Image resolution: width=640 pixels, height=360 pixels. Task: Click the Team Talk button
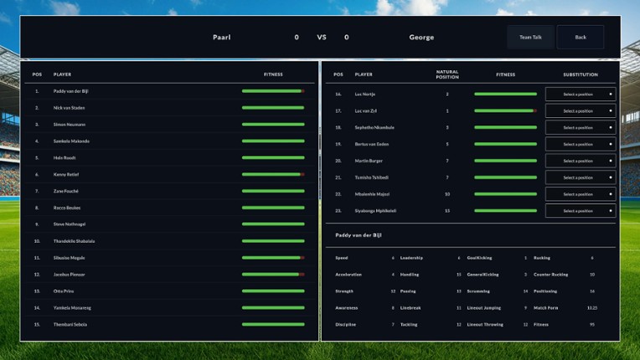point(530,37)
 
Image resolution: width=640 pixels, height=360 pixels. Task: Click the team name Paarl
point(221,37)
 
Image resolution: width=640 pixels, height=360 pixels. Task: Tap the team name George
point(421,37)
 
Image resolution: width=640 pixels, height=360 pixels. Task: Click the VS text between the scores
point(321,37)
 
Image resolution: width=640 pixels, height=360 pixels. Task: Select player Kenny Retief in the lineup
point(66,174)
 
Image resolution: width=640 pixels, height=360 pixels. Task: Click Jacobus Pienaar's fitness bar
point(273,275)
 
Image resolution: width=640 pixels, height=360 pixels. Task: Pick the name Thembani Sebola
point(70,324)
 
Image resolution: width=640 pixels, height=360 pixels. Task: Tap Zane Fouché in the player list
point(66,191)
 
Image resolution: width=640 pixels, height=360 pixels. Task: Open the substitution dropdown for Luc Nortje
point(580,94)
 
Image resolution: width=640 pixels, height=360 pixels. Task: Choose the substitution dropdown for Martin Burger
point(580,161)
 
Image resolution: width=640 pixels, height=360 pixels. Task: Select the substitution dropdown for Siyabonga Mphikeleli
point(580,211)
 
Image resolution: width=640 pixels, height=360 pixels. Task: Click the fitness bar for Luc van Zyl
point(505,111)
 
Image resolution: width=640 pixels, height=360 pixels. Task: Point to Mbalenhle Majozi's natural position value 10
point(447,194)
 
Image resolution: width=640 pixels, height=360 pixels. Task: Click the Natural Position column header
point(447,74)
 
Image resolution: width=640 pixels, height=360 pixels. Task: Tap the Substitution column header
point(580,75)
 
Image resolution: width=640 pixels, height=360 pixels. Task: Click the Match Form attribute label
point(545,307)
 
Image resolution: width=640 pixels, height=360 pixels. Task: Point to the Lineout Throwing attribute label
point(485,324)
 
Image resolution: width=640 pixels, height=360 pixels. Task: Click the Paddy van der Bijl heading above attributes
point(359,236)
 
